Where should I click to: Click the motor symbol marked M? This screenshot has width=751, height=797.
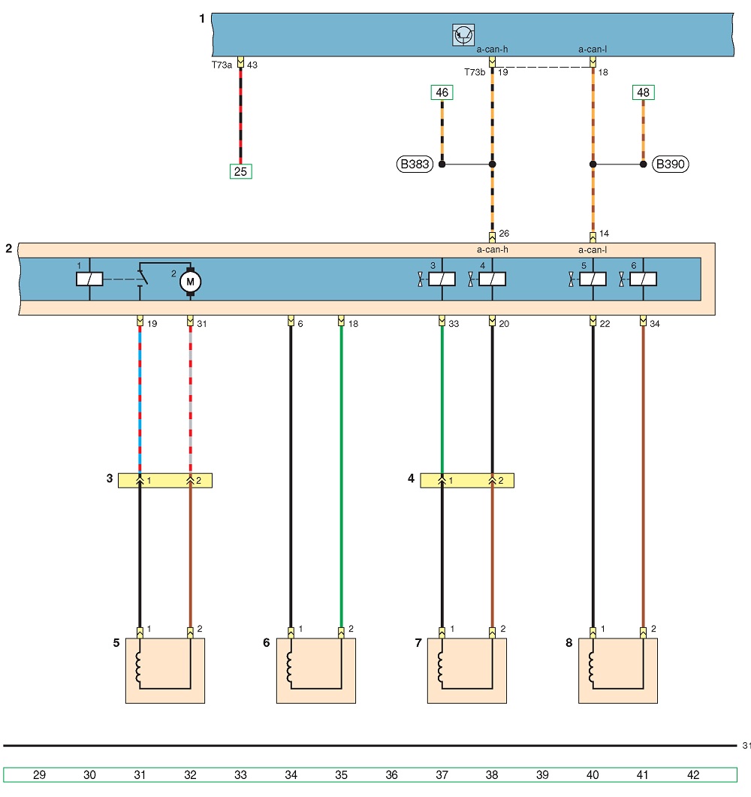[x=191, y=282]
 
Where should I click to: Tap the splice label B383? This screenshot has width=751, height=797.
[x=415, y=165]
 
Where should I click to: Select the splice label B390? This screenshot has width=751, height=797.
[x=670, y=165]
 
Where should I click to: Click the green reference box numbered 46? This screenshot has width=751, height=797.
[x=442, y=92]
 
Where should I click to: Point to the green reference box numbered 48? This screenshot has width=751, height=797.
[x=644, y=92]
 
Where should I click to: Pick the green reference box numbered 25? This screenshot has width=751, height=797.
[x=241, y=171]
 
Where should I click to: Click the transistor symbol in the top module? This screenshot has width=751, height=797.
[x=463, y=35]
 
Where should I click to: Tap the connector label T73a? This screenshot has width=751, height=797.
[x=222, y=65]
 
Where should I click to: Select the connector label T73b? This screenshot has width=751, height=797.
[x=475, y=72]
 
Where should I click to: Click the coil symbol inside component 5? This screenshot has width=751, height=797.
[x=137, y=667]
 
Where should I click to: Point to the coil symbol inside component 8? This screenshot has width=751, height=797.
[x=591, y=667]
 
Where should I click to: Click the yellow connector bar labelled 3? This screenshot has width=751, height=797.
[x=165, y=480]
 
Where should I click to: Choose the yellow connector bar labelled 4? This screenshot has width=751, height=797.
[x=467, y=480]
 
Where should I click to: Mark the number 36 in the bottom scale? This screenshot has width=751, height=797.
[x=391, y=774]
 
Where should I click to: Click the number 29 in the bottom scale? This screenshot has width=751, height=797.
[x=39, y=774]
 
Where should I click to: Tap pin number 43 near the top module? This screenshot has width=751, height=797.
[x=252, y=65]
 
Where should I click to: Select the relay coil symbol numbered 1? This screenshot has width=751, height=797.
[x=89, y=279]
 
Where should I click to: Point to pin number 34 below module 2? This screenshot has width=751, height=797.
[x=654, y=323]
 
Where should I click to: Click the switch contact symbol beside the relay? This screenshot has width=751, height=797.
[x=142, y=277]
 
